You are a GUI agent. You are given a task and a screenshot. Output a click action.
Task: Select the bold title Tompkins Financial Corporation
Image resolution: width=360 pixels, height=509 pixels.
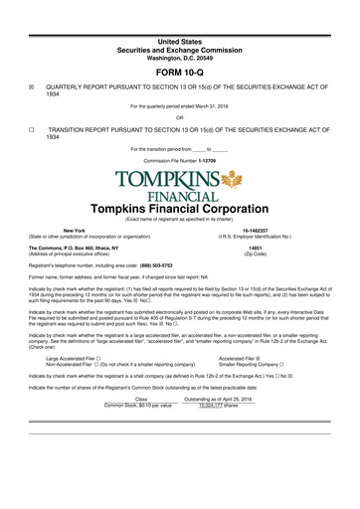coord(180,219)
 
